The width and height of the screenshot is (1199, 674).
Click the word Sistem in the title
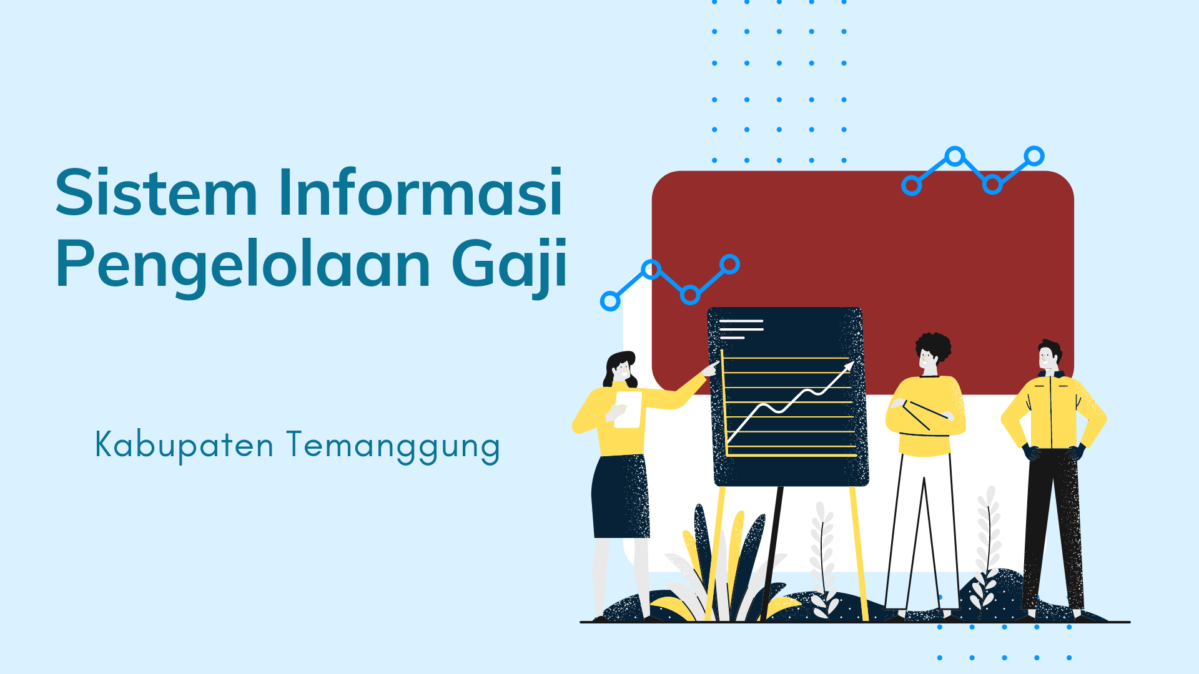156,192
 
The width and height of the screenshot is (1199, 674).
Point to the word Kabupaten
184,445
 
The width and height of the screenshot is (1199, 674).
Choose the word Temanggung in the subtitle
393,447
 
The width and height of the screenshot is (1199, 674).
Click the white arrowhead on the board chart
848,366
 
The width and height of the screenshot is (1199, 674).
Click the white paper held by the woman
628,409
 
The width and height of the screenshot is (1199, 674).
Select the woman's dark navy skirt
620,496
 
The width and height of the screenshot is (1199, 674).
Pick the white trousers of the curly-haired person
923,530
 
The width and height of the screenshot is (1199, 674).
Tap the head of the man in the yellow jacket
1049,356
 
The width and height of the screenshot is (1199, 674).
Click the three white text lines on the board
741,329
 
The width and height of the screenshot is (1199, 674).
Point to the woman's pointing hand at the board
710,369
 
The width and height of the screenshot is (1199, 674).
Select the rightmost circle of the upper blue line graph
1034,156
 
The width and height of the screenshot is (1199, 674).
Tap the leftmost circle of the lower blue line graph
610,301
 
